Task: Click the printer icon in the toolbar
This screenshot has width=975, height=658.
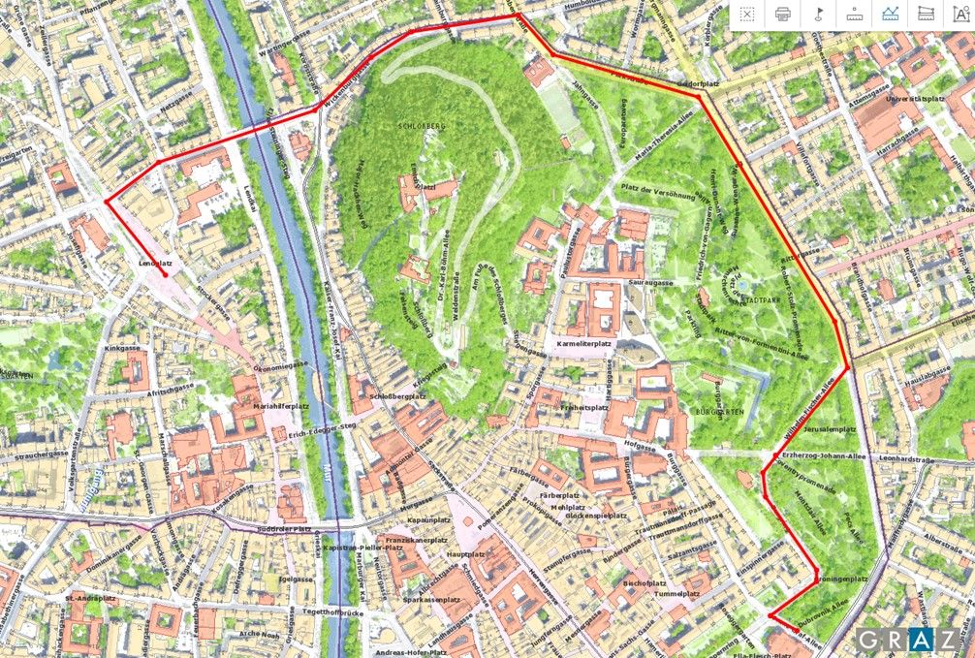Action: click(783, 14)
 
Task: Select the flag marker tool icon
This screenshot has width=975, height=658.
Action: click(819, 14)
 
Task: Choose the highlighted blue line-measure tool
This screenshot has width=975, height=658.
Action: click(889, 14)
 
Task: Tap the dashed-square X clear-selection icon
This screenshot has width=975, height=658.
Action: click(747, 14)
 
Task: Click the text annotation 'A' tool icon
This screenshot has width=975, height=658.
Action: click(959, 14)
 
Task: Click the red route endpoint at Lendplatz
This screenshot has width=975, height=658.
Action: click(166, 275)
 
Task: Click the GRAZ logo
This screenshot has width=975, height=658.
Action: click(905, 640)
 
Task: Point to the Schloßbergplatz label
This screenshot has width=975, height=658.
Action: click(402, 396)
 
